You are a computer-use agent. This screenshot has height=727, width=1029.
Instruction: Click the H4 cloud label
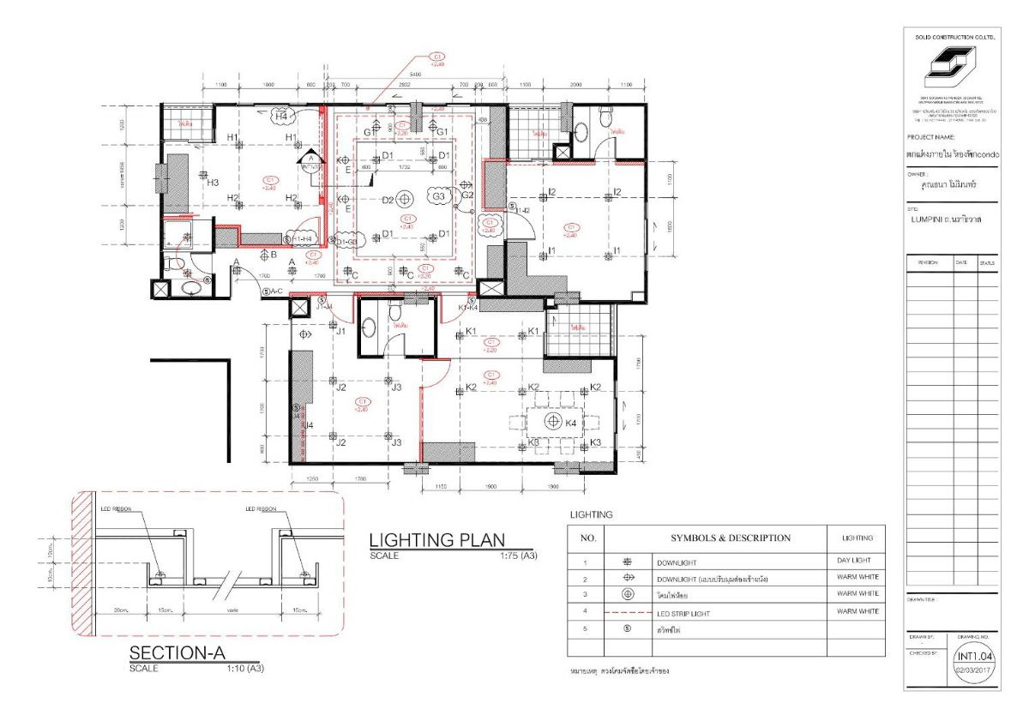click(x=280, y=116)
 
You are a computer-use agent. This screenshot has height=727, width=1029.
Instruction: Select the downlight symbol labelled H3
click(x=203, y=175)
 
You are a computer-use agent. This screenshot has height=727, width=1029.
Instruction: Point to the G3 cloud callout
click(x=440, y=195)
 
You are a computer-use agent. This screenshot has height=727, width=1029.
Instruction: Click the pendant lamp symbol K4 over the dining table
click(x=551, y=422)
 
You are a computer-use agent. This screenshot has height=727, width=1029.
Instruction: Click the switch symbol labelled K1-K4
click(x=472, y=300)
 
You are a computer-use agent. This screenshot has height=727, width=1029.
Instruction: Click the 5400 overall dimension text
click(x=416, y=76)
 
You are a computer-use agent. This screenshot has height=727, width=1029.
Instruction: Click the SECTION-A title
click(x=178, y=653)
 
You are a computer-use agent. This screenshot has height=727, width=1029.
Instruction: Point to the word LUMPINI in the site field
click(x=930, y=219)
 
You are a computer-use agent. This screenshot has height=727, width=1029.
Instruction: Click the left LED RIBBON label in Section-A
click(x=115, y=508)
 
